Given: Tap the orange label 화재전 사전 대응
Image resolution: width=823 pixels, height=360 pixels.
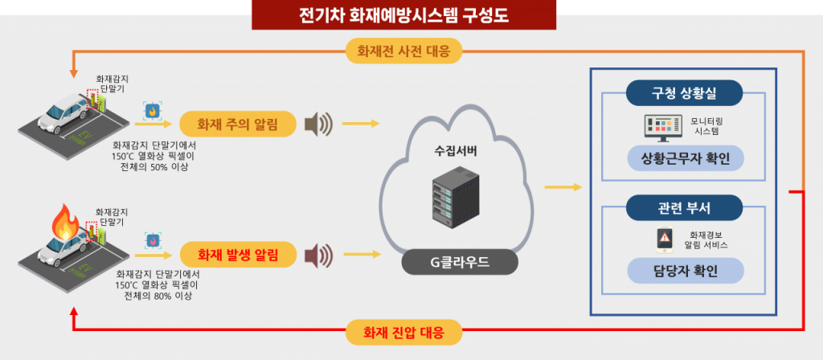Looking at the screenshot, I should tap(404, 51).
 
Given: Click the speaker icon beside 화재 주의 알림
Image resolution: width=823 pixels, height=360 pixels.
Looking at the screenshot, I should tap(318, 125).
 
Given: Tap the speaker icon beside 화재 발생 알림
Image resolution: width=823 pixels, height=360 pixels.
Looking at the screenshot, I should tap(318, 256).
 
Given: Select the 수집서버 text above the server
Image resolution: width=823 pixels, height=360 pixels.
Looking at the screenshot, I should tap(455, 150).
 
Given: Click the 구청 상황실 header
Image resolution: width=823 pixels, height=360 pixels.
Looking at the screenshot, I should tap(683, 93).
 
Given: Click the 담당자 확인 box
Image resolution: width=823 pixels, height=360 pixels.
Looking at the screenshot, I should tap(683, 271).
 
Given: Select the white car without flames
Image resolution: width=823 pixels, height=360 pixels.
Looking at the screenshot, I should tap(63, 112).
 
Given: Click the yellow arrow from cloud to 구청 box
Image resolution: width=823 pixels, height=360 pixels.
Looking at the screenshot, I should tap(563, 187).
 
